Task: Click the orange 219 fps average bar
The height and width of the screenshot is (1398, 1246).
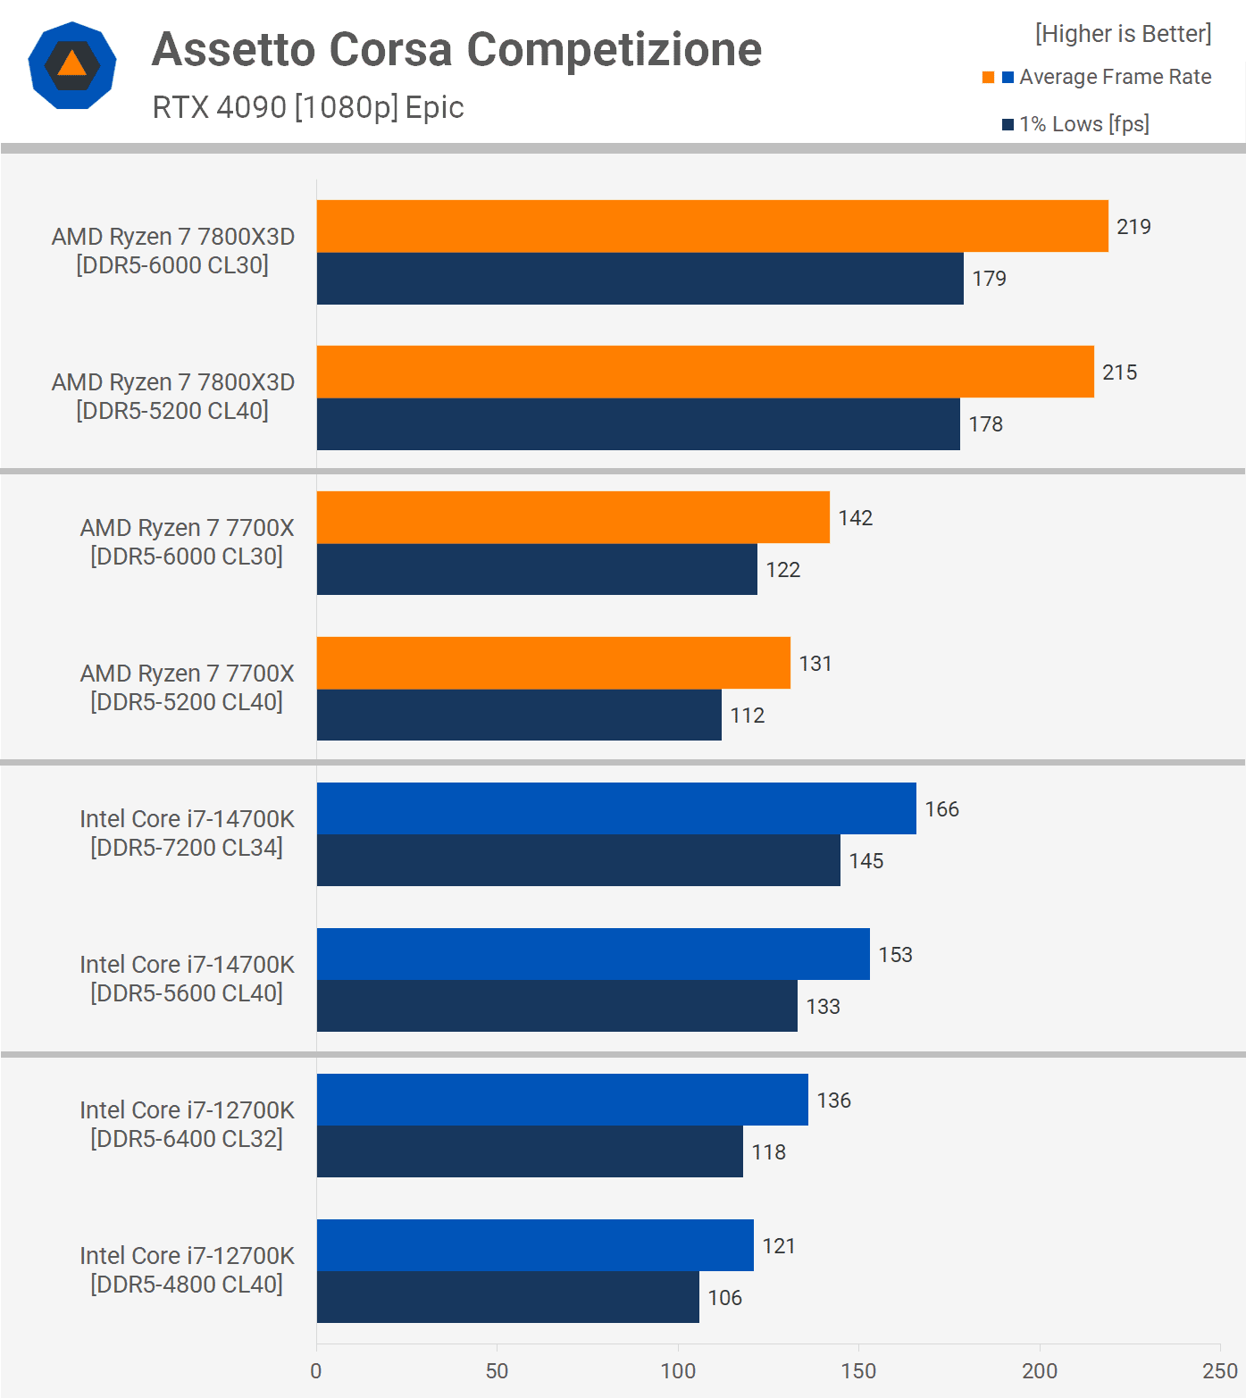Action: point(712,226)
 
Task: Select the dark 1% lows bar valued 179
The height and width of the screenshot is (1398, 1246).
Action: point(640,279)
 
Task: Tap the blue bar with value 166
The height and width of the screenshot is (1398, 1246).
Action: point(616,808)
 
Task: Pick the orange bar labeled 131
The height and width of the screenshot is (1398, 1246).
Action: point(553,663)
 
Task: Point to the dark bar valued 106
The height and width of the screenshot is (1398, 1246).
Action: point(507,1297)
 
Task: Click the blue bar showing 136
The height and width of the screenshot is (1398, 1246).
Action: point(562,1100)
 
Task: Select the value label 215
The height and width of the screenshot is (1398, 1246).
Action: point(1119,373)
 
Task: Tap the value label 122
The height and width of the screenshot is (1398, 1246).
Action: point(782,570)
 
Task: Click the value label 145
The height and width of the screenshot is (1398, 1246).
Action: point(866,861)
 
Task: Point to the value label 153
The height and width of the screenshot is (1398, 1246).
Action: point(895,955)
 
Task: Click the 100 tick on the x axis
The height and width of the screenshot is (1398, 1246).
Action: point(678,1371)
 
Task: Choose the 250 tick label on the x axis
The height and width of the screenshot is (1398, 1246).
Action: point(1219,1371)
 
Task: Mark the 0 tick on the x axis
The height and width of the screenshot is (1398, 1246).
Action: point(316,1371)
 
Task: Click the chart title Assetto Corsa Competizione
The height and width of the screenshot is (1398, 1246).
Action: point(456,49)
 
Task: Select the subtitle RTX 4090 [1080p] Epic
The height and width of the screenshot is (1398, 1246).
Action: point(308,107)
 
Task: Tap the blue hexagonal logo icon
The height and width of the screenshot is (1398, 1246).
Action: point(72,65)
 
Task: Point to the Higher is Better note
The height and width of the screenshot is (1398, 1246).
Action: point(1123,34)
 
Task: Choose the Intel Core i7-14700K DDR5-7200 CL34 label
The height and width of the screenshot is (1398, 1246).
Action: point(187,833)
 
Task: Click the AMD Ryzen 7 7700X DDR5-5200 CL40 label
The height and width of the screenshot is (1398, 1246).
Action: point(187,688)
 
